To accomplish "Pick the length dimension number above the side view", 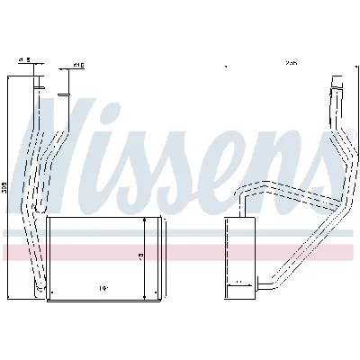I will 291,64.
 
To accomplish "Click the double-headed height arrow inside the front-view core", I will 145,256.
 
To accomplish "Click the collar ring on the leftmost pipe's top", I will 40,85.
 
